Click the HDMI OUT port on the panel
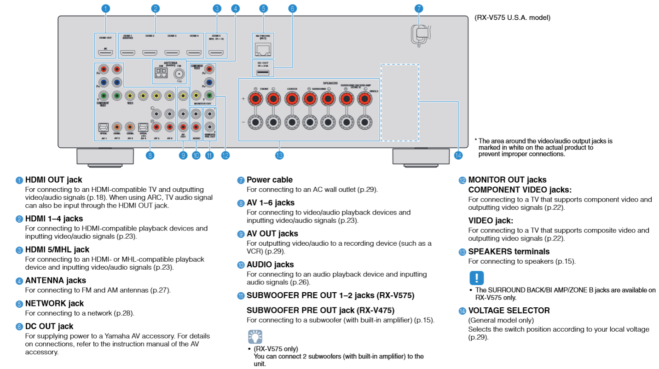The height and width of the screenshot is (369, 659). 105,53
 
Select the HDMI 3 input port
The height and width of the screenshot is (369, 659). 172,53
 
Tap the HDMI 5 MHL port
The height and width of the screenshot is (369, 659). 216,53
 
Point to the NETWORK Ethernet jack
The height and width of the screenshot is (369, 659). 263,48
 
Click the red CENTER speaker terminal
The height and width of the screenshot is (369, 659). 291,98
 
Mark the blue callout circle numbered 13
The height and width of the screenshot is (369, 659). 279,156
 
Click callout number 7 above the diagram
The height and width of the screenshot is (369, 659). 418,8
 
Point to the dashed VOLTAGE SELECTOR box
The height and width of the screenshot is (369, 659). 399,102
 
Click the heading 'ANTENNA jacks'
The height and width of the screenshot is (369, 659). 55,280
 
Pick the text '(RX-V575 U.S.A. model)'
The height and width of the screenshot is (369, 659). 512,18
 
